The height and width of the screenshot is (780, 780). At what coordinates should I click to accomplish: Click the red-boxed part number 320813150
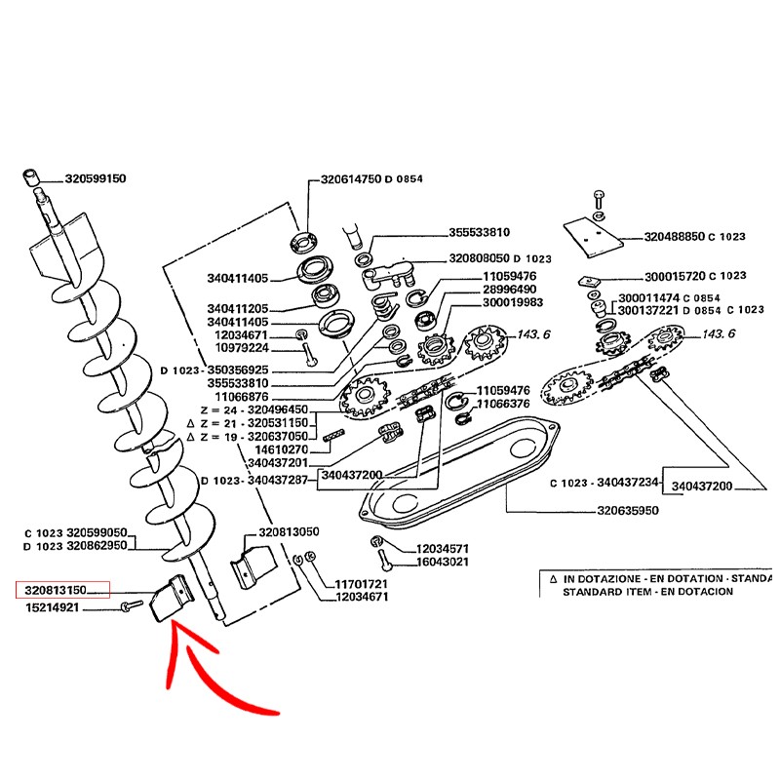(61, 590)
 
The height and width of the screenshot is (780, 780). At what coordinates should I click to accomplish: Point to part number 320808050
(483, 258)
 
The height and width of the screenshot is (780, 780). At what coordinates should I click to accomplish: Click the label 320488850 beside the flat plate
(674, 237)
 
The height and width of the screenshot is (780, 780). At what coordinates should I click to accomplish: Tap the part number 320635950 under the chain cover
(630, 510)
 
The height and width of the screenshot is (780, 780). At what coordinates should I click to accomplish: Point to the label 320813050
(290, 532)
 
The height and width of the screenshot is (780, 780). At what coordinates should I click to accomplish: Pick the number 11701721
(362, 583)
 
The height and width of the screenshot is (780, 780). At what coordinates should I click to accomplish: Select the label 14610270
(281, 449)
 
